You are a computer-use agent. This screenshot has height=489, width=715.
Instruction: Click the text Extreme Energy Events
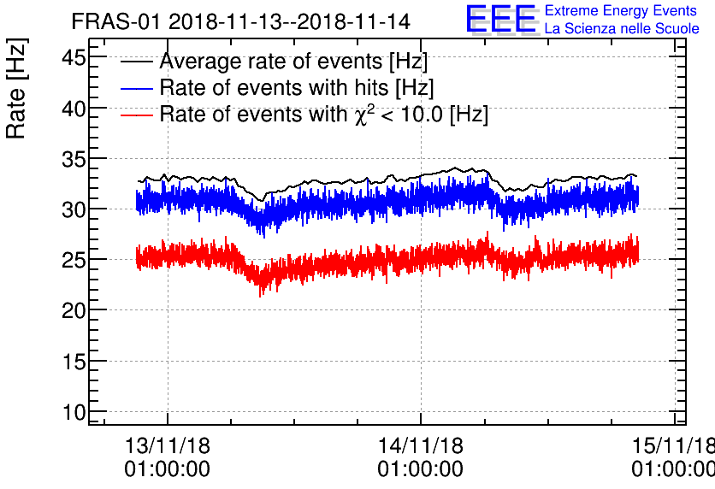620,11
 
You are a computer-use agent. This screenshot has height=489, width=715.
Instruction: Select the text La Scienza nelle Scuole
622,29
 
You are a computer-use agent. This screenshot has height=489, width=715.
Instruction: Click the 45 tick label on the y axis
74,58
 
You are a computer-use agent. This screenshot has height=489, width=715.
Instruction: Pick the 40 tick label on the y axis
74,109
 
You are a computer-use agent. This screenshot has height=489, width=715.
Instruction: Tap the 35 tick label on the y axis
74,159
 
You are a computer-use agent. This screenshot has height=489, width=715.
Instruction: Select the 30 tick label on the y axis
74,209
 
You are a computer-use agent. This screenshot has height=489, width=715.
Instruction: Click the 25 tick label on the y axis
74,260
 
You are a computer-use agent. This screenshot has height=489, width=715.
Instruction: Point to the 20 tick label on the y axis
74,310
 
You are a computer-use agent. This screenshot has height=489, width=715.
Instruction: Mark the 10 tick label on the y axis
74,412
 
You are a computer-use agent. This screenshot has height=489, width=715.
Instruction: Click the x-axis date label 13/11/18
168,446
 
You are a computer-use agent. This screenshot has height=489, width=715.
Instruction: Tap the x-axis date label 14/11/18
421,446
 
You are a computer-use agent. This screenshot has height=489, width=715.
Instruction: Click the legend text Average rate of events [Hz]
293,62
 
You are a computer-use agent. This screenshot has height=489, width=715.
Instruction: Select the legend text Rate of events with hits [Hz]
297,88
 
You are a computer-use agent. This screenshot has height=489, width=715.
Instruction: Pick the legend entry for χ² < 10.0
323,114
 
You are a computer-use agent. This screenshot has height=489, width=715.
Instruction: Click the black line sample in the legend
137,62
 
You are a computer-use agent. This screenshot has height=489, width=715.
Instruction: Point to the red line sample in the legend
137,115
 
